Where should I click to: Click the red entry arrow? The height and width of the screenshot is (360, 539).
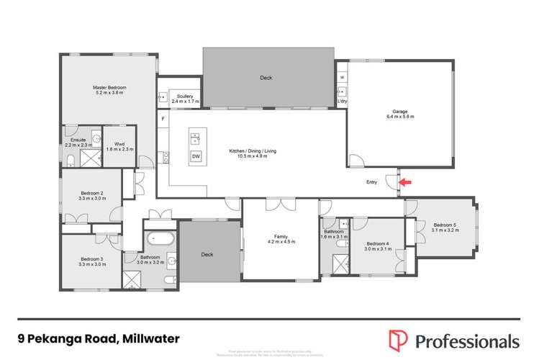tap(405, 182)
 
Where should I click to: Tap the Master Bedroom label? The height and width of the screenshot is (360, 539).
tap(109, 89)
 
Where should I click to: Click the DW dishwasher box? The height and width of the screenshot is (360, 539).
tap(195, 156)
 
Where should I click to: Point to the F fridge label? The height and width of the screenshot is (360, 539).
tap(163, 117)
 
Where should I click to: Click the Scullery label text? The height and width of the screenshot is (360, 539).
tap(185, 97)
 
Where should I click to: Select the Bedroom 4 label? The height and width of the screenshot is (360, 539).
tap(378, 245)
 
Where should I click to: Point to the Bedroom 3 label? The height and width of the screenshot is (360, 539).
tap(92, 261)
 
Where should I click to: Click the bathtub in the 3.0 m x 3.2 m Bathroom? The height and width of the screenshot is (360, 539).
tap(159, 239)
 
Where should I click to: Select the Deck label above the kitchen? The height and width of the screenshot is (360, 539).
tap(266, 78)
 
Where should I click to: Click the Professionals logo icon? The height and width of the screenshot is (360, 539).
tap(398, 340)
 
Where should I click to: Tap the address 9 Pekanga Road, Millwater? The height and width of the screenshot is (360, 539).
tap(99, 338)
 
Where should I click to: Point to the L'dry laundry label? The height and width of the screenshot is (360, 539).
tap(342, 101)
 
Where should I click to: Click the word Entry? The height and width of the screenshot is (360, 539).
tap(371, 182)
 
